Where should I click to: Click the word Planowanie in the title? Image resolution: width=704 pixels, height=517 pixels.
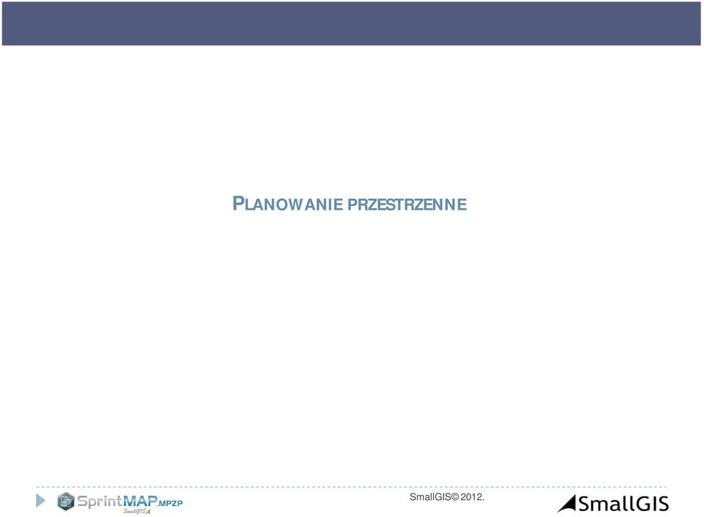[x=288, y=204]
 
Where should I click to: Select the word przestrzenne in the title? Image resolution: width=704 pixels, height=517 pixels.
[x=407, y=205]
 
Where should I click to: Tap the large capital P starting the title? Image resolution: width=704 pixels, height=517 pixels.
[x=238, y=203]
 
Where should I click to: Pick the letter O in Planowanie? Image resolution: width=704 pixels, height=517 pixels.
[x=279, y=205]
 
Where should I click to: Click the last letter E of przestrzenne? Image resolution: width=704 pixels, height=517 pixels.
[x=462, y=205]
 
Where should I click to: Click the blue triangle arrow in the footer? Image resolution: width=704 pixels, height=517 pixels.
[x=40, y=500]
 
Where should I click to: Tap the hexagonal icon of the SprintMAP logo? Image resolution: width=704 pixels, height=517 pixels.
[x=65, y=502]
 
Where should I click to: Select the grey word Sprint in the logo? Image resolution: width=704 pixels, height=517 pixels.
[x=99, y=501]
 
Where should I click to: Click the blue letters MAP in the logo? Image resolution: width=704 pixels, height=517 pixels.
[x=139, y=500]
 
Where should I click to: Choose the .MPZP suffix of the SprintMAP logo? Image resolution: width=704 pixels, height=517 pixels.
[x=170, y=503]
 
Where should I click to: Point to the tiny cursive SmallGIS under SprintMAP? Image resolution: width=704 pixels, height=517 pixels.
[x=137, y=511]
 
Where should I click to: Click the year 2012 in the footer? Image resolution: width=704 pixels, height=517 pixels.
[x=471, y=496]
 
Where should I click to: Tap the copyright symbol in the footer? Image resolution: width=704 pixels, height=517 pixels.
[x=455, y=496]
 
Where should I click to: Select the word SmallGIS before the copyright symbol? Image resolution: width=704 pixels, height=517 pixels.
[x=430, y=496]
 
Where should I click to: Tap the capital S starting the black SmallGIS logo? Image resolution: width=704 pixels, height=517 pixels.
[x=584, y=504]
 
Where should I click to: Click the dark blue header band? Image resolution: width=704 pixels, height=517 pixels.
[x=352, y=23]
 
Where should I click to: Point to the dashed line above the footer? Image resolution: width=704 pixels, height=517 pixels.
[x=351, y=486]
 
